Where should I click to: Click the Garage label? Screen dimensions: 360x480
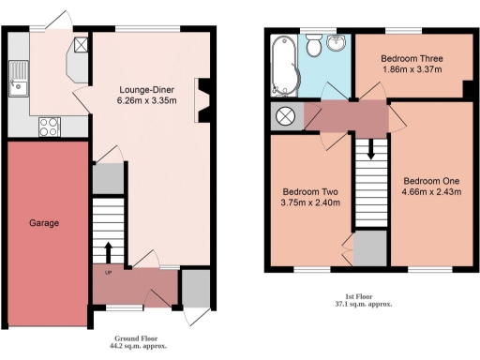point(43,223)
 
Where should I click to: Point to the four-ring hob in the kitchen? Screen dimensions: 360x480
point(50,126)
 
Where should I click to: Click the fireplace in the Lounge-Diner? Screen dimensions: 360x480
point(202,100)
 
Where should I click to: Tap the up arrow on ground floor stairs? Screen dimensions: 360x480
point(109,251)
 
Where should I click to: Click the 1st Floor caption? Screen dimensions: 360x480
point(363,296)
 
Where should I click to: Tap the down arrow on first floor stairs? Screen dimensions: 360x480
point(372,150)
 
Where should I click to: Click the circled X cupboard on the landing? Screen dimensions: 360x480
point(284,115)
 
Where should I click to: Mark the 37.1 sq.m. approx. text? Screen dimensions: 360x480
point(363,305)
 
